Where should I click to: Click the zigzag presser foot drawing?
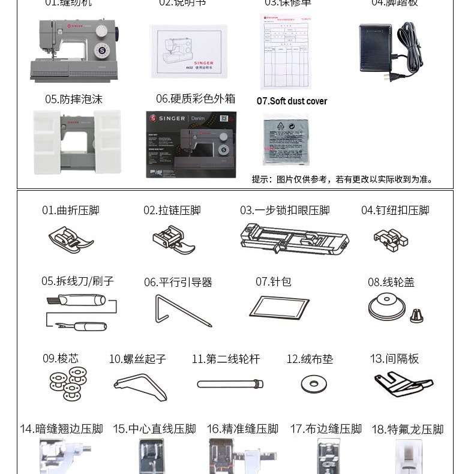(x=71, y=239)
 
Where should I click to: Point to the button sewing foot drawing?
(x=391, y=239)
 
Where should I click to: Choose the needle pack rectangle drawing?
(x=279, y=307)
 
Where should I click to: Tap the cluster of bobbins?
(x=67, y=385)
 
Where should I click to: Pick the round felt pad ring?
(x=313, y=384)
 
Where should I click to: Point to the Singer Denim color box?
(x=191, y=144)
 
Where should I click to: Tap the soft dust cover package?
(x=286, y=139)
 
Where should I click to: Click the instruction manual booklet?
(x=188, y=50)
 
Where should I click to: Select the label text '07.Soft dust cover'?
(x=292, y=101)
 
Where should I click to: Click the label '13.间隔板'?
(x=394, y=359)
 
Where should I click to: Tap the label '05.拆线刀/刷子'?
(x=77, y=281)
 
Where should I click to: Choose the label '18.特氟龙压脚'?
(x=407, y=429)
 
